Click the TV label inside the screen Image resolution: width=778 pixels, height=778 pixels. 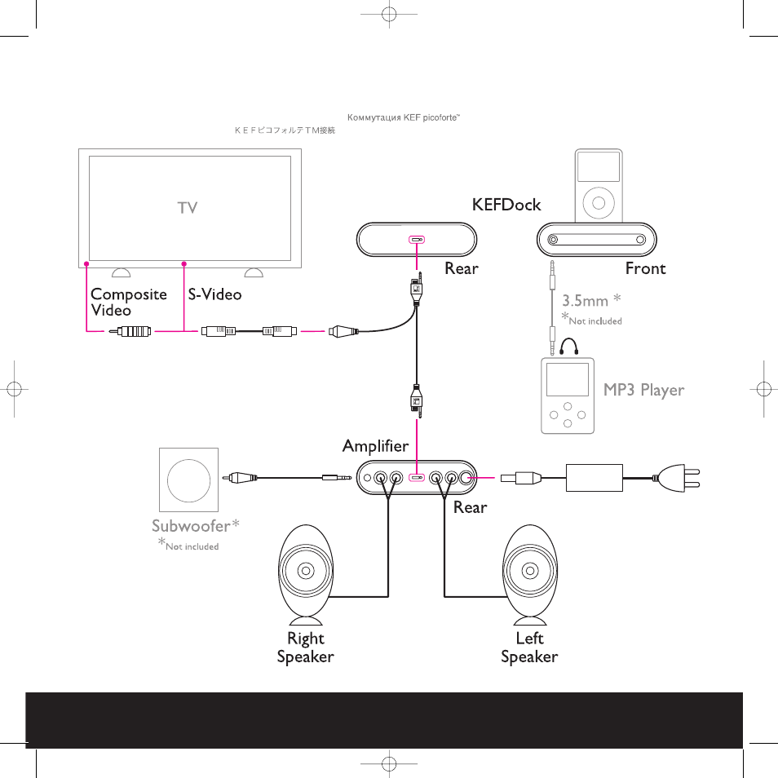(x=188, y=207)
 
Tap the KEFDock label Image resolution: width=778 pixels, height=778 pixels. (x=506, y=205)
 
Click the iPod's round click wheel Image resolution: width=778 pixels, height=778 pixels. (x=599, y=203)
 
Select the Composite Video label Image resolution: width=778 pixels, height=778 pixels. (x=129, y=302)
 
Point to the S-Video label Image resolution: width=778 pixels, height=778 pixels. (x=214, y=294)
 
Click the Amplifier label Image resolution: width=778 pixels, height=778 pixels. (x=376, y=445)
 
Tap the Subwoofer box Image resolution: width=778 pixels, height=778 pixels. (x=188, y=480)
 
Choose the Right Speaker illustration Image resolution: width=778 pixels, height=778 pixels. (x=306, y=575)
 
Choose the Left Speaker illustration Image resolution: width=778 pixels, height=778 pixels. (x=530, y=575)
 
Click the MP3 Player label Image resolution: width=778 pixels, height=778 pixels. (x=643, y=390)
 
